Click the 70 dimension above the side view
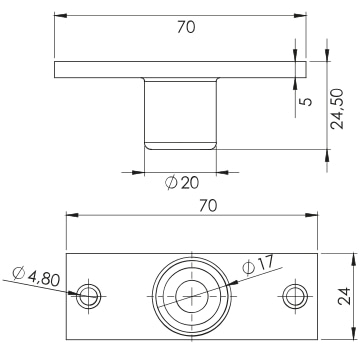point(186,27)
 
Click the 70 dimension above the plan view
point(208,206)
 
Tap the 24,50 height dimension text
point(337,109)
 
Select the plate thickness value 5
point(308,101)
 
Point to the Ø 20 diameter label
point(182,183)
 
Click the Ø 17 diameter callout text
point(258,264)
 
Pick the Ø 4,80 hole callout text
point(36,276)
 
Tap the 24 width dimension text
point(344,296)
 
